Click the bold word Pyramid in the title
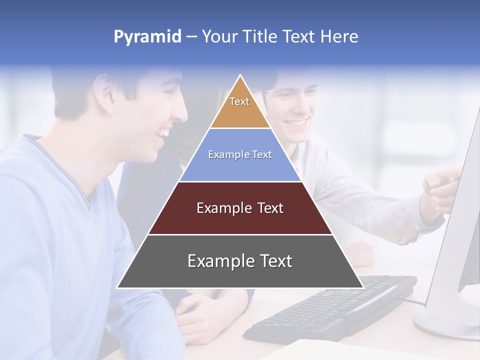click(147, 37)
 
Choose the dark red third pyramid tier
click(240, 220)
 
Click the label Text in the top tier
click(239, 101)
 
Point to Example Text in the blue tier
click(240, 154)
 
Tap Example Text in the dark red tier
click(240, 208)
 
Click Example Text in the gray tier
click(240, 261)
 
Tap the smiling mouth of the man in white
click(296, 122)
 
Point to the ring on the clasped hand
click(190, 338)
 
